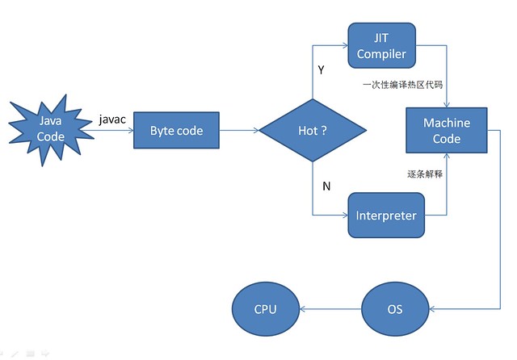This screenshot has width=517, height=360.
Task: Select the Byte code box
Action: point(176,130)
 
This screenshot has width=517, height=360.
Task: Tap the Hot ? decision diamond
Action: point(313,130)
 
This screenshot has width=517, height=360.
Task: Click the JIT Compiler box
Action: point(381,45)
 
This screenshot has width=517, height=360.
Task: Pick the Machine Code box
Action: point(447,131)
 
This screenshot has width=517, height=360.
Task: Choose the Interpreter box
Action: point(386,216)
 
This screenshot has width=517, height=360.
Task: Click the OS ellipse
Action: point(394,309)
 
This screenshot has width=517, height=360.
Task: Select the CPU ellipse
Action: point(266,309)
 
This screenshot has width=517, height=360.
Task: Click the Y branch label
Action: point(321,70)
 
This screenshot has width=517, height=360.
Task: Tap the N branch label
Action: point(326,186)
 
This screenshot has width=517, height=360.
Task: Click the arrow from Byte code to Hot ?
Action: point(237,130)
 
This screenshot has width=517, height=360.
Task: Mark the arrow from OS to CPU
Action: point(330,309)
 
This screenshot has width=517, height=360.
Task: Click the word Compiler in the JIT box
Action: point(381,54)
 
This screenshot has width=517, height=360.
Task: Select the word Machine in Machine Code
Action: point(447,123)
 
